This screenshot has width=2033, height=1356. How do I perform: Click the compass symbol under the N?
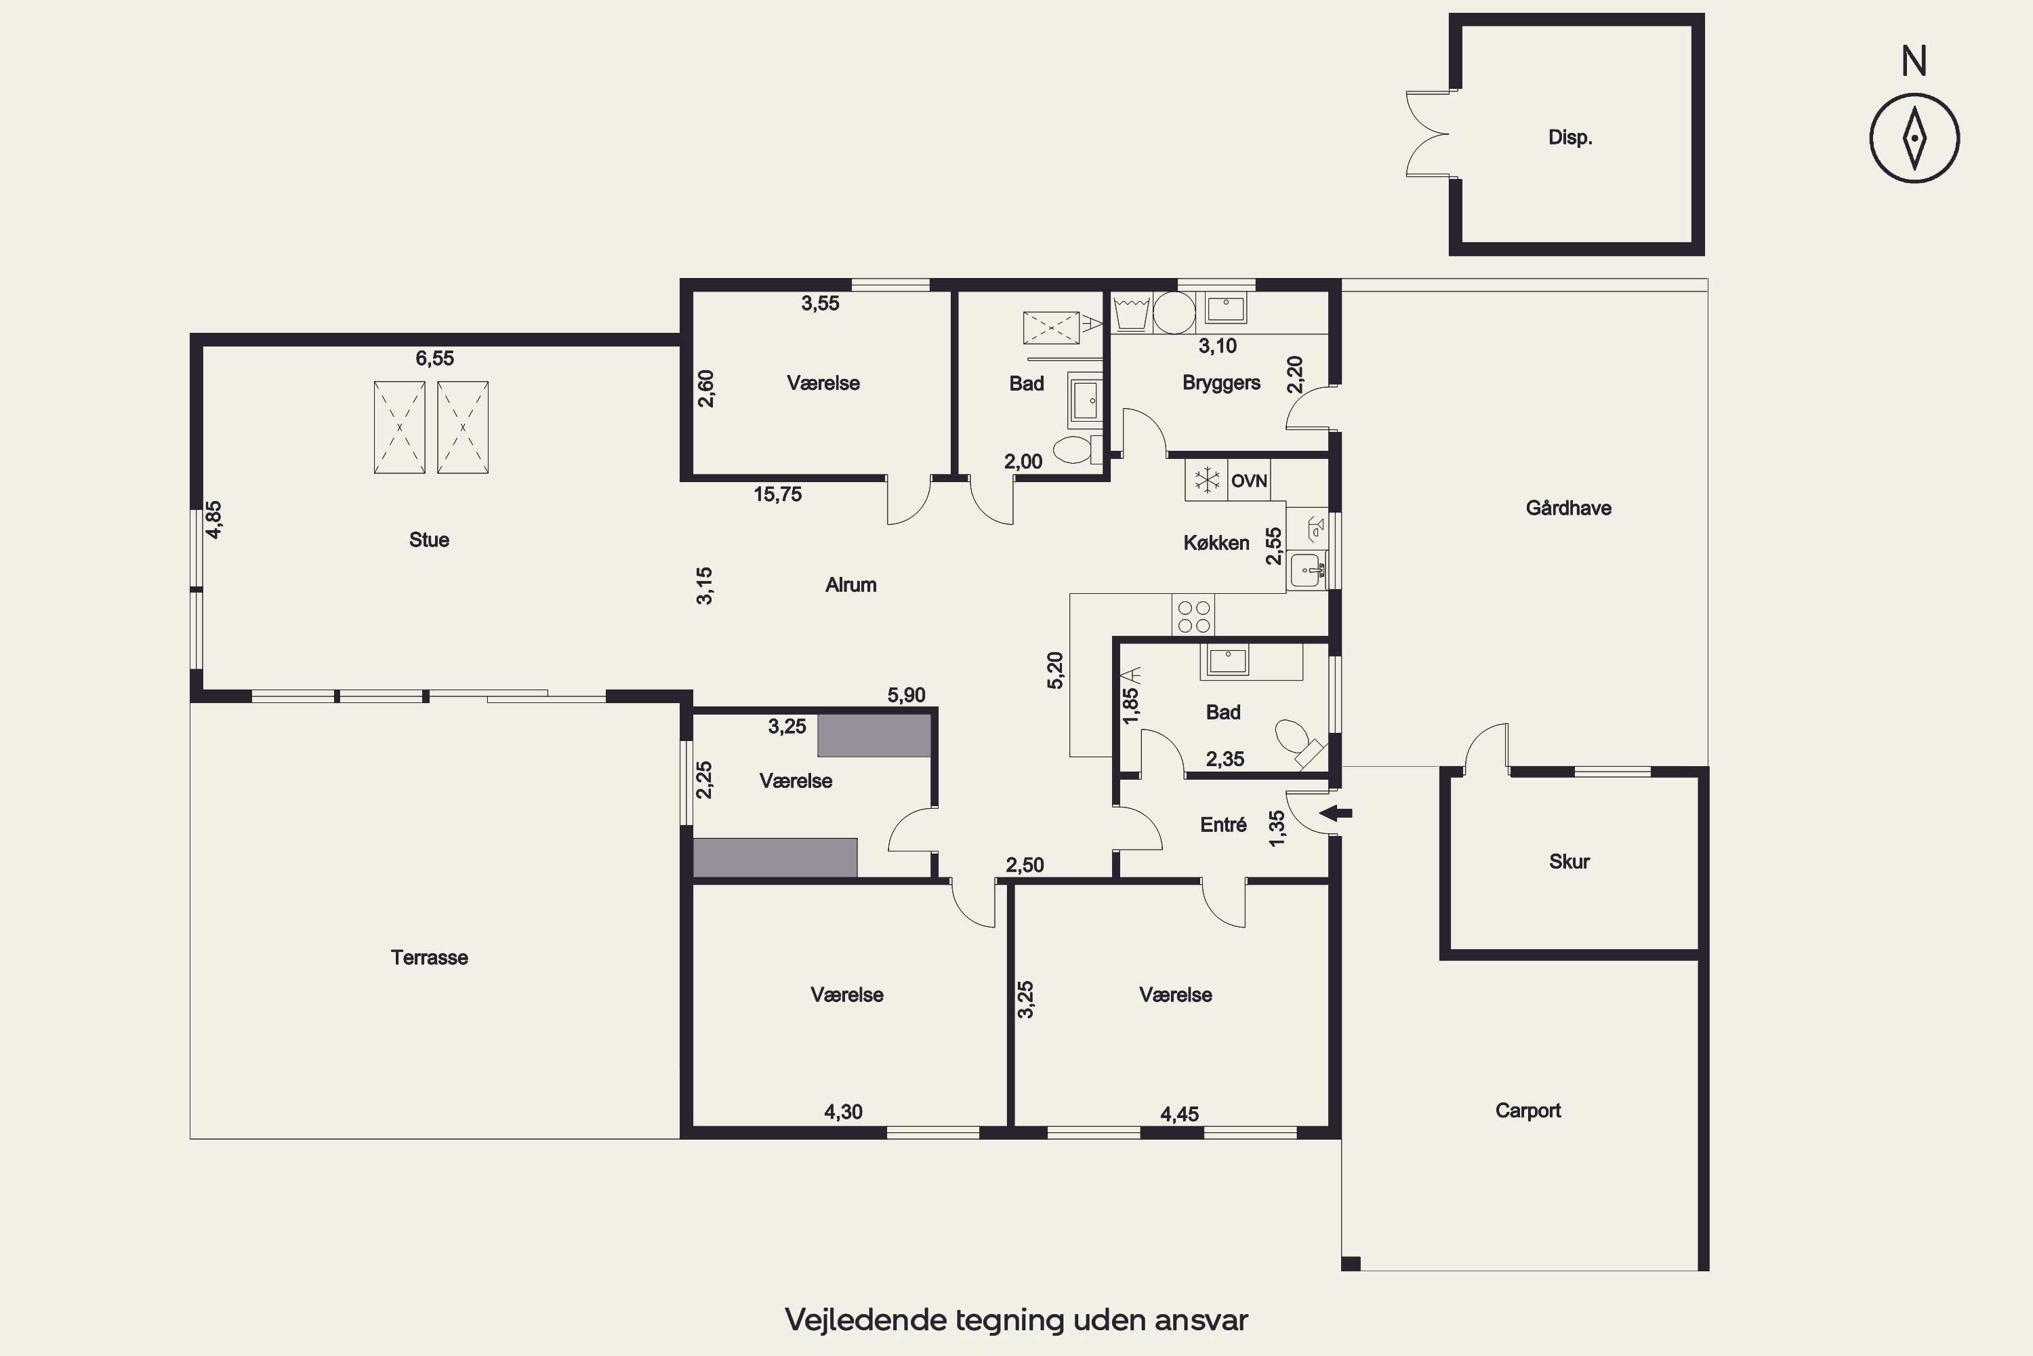pos(1914,138)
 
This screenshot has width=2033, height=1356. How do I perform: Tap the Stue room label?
pos(429,540)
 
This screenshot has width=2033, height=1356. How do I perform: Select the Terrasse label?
pos(429,957)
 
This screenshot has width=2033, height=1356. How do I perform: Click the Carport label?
pos(1527,1111)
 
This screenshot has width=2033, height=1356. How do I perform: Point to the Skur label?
pos(1569,861)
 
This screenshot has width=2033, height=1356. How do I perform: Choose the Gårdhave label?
pos(1568,508)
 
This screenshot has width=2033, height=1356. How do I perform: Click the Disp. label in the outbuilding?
pos(1569,138)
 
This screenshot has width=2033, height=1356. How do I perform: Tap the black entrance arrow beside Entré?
pos(1336,813)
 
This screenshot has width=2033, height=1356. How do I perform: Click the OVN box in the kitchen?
pos(1249,481)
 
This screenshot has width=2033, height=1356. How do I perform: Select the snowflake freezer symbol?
pos(1207,480)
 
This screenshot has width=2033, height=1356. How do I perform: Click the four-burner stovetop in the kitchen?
pos(1193,616)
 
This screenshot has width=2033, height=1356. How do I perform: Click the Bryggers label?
pos(1220,383)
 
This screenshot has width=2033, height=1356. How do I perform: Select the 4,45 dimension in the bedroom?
pos(1179,1115)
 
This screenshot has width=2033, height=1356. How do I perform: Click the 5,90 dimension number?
pos(906,696)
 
